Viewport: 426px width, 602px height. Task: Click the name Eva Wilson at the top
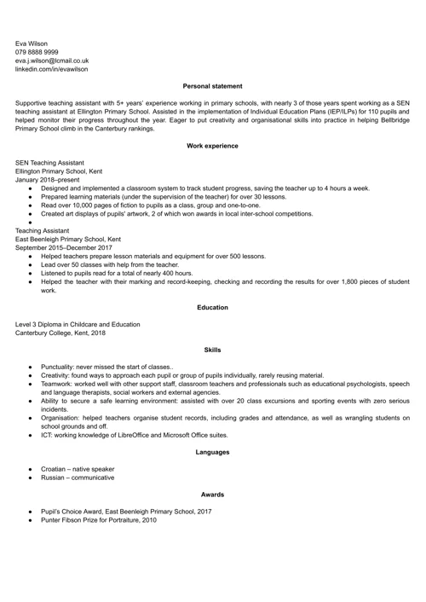32,43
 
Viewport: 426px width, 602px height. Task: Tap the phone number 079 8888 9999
37,51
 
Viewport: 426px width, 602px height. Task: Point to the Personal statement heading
213,86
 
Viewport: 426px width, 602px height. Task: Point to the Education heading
213,307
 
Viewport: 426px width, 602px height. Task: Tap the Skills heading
213,350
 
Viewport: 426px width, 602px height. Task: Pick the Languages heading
213,451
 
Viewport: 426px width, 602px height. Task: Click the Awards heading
213,495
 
